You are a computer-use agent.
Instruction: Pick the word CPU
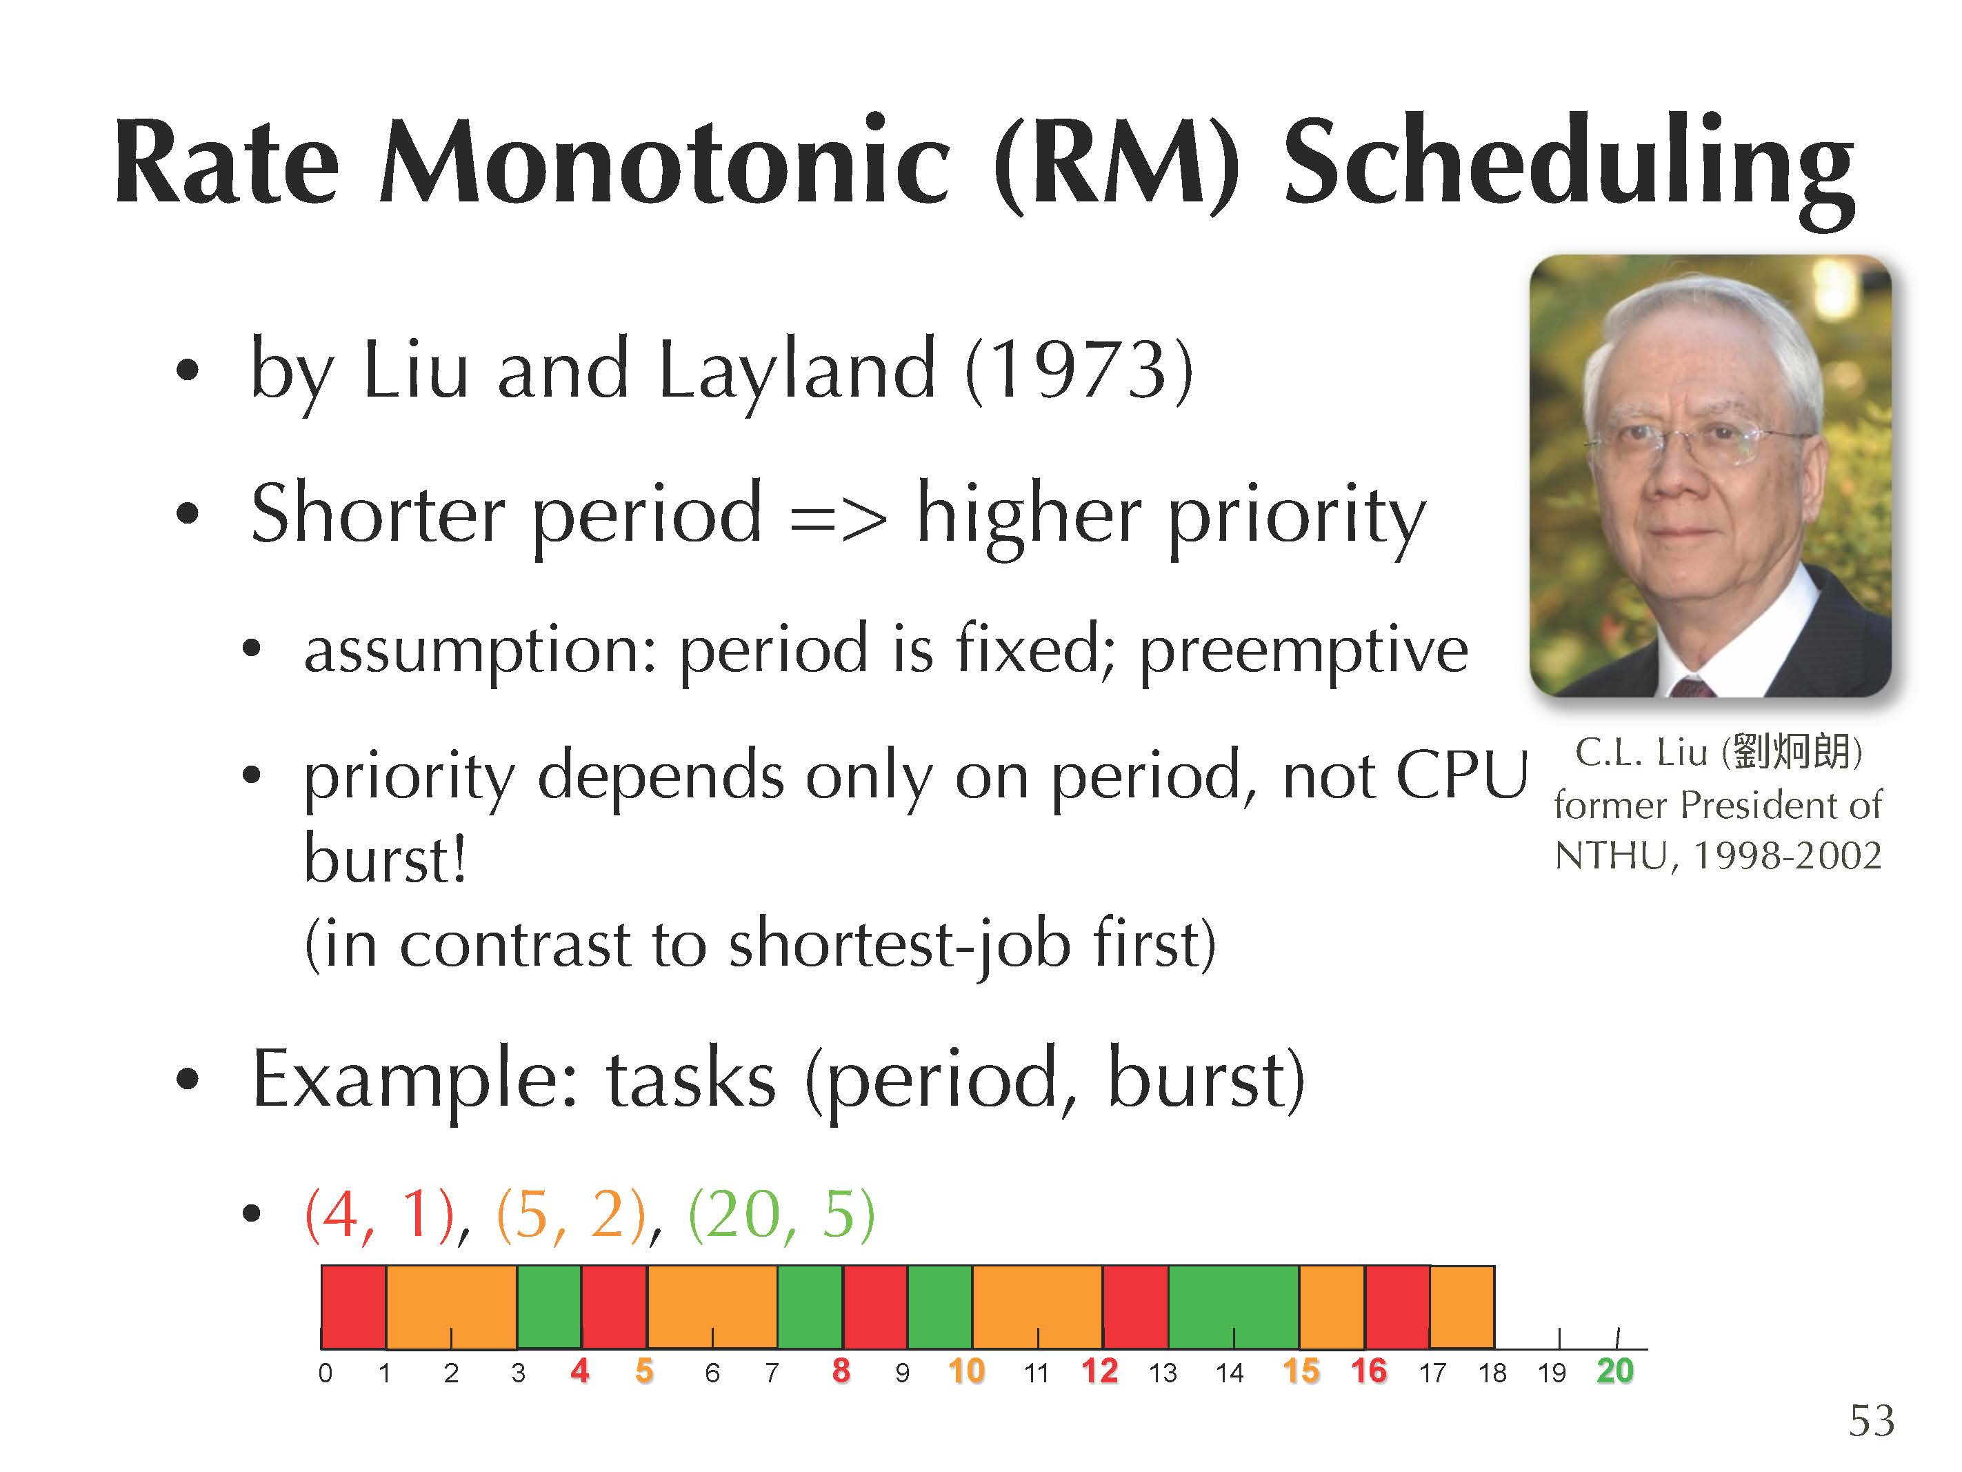pos(1463,775)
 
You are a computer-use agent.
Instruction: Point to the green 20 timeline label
pos(1615,1371)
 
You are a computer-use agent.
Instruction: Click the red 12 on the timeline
pos(1100,1371)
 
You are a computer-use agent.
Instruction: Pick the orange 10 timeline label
pos(967,1371)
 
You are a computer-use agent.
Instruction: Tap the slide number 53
pos(1872,1422)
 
